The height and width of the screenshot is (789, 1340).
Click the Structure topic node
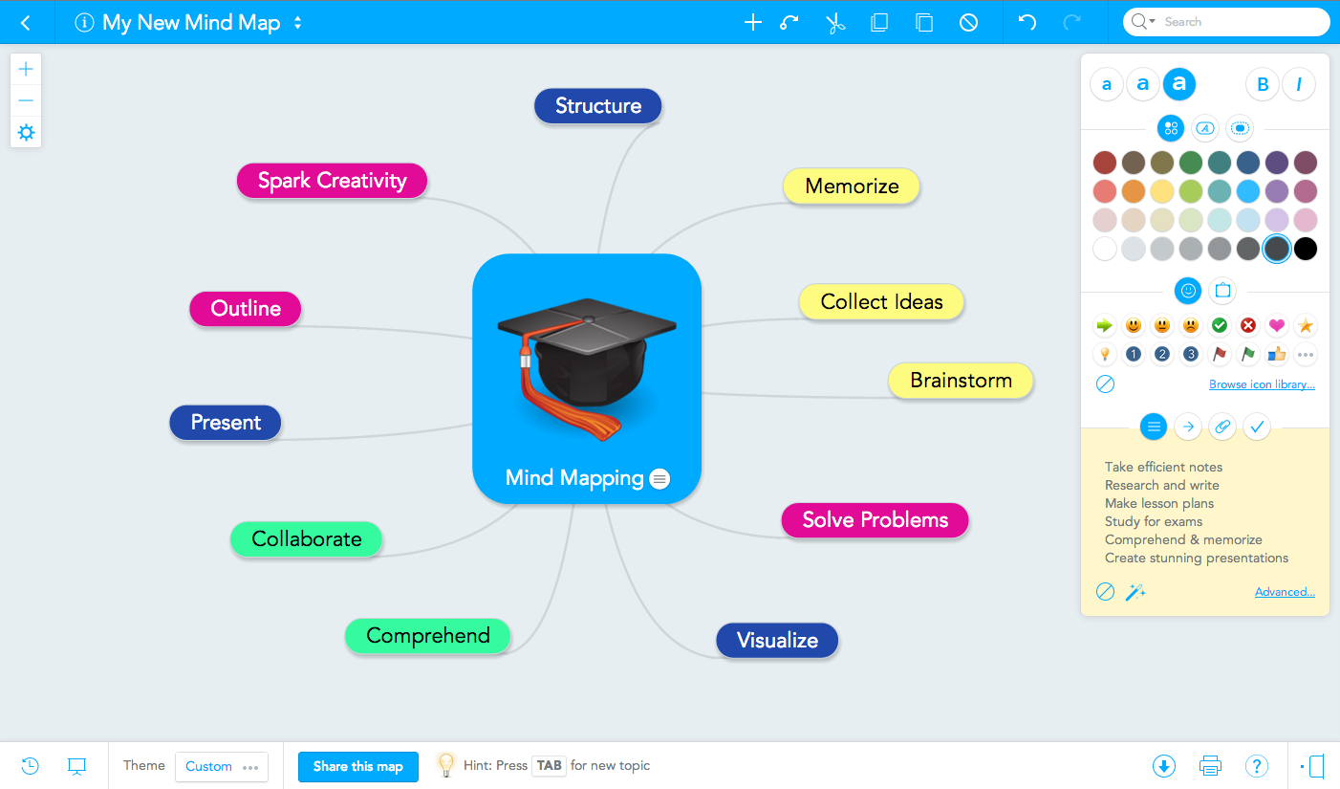coord(597,106)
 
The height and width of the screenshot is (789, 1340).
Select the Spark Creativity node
coord(332,180)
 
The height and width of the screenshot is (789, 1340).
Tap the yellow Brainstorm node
coord(961,380)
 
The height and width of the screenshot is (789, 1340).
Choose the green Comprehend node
coord(428,635)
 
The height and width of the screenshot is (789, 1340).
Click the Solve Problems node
coord(875,519)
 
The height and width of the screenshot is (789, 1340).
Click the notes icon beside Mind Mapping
coord(659,478)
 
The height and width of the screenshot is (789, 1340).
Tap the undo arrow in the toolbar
coord(1027,23)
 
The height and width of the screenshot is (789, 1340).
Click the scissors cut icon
coord(834,23)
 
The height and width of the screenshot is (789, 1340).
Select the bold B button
coord(1263,84)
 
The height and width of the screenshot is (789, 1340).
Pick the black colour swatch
coord(1306,249)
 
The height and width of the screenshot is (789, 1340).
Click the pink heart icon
coord(1277,325)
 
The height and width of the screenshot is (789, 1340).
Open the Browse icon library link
coord(1262,384)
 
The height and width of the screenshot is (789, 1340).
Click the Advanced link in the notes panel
coord(1285,592)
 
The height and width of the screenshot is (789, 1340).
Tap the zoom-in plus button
coord(26,70)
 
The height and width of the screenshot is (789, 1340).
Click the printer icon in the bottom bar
coord(1210,766)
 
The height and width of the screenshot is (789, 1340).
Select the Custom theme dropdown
coord(222,766)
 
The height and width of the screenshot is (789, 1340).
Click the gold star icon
coord(1306,325)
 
